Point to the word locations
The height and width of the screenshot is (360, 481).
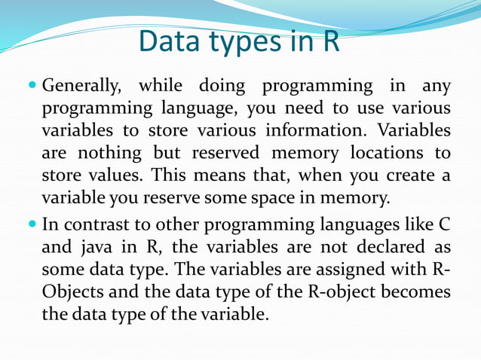pos(386,153)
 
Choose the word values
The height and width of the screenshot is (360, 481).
pos(110,176)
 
